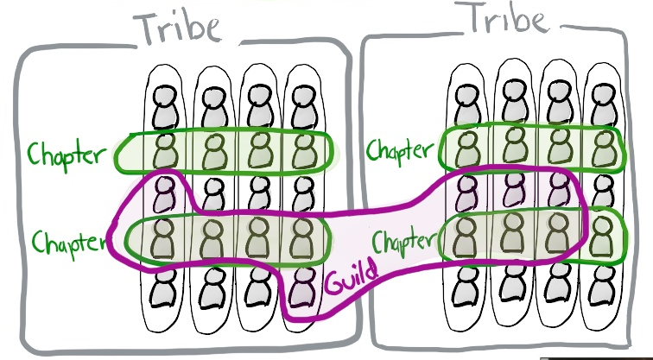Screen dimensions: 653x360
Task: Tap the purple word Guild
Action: tap(352, 277)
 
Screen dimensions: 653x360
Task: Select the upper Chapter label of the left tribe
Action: tap(67, 155)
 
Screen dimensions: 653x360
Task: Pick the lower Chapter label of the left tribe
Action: tap(69, 243)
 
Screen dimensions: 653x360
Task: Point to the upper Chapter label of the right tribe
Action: tap(399, 150)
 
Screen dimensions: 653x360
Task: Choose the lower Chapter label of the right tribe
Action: tap(403, 242)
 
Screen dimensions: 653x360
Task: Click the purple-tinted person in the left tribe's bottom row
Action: tap(302, 287)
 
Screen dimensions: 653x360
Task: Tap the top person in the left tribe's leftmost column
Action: tap(165, 107)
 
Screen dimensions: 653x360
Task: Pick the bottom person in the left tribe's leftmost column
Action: tap(164, 288)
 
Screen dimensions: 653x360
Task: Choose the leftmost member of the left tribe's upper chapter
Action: tap(165, 151)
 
